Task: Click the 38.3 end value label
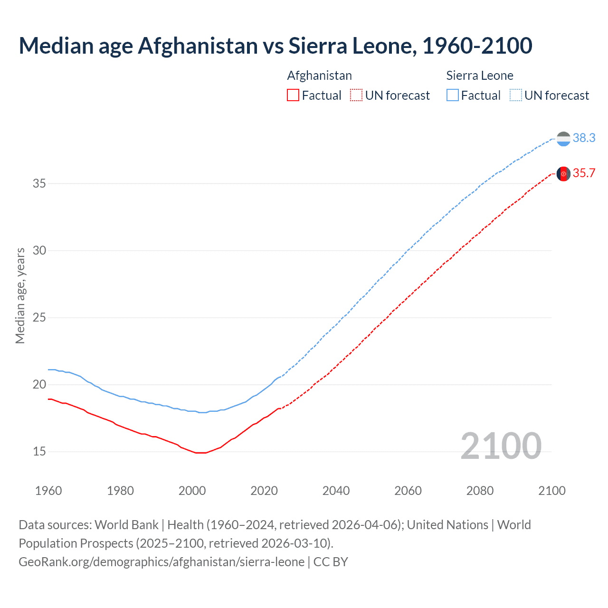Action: pos(584,138)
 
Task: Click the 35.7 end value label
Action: pos(584,173)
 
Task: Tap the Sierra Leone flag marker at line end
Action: pos(563,139)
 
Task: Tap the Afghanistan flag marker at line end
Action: pos(563,174)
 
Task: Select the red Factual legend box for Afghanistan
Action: pos(293,95)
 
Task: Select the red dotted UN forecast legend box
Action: pos(356,95)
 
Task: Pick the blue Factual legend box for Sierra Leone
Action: pos(453,95)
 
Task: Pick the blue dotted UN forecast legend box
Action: pos(516,95)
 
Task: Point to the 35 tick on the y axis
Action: pos(39,183)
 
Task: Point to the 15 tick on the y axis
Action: pos(39,452)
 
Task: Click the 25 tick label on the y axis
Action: pos(39,317)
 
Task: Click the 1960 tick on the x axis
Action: pos(48,491)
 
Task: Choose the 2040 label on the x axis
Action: pos(336,491)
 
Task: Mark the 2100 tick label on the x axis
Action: pos(551,491)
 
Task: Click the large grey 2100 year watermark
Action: pos(501,446)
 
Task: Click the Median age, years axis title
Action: pos(20,295)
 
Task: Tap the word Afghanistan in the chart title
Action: pos(198,46)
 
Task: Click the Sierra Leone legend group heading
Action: pos(480,76)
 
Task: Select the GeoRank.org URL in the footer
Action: pos(161,561)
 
